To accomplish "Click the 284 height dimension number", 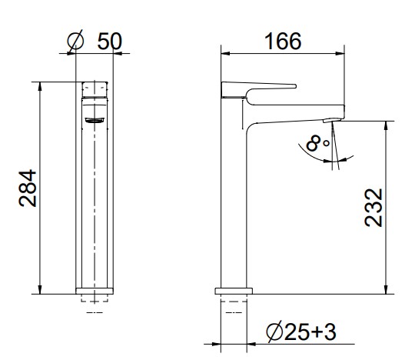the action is pos(28,188).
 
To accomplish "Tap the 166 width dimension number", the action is pos(283,42).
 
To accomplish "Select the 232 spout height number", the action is pos(373,208).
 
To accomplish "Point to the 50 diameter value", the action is pos(110,42).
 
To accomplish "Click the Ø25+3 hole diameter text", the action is pos(301,332).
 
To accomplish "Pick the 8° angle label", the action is pos(317,143).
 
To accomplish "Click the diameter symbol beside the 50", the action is pos(75,42).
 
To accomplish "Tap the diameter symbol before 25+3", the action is pos(274,332).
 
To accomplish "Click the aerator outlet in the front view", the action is pos(95,120).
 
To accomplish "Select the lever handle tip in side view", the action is pos(294,86).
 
